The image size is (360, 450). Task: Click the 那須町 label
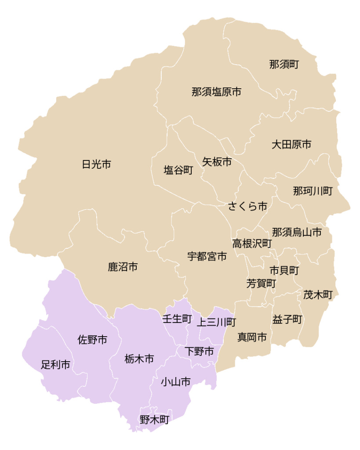pos(284,65)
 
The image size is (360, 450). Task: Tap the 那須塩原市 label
pos(216,92)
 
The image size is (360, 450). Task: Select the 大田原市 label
pos(291,144)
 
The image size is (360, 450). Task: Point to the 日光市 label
pos(97,165)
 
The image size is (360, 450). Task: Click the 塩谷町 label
pos(178,171)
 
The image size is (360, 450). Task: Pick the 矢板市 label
pos(217,162)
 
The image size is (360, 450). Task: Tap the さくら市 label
pos(247,206)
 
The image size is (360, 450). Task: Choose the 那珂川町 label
pos(313,191)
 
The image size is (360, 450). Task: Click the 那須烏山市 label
pos(297,232)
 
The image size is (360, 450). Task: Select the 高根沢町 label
pos(252,243)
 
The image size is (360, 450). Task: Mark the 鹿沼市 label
pos(123,267)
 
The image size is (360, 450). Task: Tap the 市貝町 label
pos(284,270)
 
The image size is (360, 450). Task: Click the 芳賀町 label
pos(261,283)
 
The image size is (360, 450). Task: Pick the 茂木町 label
pos(318,295)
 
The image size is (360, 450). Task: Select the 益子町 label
pos(287,319)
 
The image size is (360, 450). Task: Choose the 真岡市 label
pos(252,337)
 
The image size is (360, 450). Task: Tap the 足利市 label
pos(56,364)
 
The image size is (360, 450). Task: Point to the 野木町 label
pos(155,420)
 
